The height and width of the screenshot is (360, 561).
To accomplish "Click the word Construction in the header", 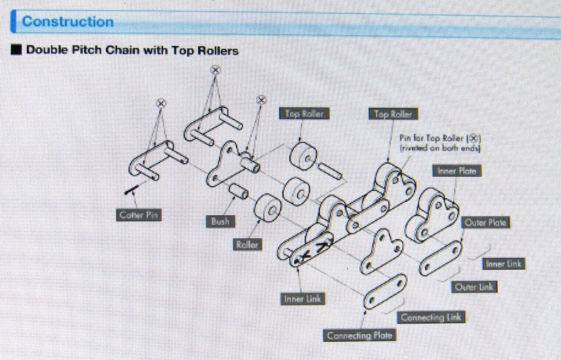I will (67, 22).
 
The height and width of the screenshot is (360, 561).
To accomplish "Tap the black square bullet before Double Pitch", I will (16, 50).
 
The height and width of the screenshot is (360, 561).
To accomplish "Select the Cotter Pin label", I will (137, 215).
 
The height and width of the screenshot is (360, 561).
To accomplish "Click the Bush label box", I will (219, 221).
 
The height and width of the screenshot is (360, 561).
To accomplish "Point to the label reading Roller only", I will (247, 245).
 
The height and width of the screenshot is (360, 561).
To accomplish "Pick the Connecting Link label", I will (431, 317).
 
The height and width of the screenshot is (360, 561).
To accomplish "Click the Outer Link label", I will (475, 287).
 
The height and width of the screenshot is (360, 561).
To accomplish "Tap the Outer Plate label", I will (486, 223).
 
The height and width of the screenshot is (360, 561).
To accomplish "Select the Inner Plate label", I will (457, 170).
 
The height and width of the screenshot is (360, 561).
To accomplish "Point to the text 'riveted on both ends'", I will (441, 149).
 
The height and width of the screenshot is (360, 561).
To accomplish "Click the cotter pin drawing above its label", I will (136, 193).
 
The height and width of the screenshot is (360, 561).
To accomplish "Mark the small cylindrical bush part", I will (238, 191).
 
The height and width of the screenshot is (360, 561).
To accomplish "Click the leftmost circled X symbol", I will (161, 103).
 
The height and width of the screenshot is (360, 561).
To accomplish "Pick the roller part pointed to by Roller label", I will (268, 210).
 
